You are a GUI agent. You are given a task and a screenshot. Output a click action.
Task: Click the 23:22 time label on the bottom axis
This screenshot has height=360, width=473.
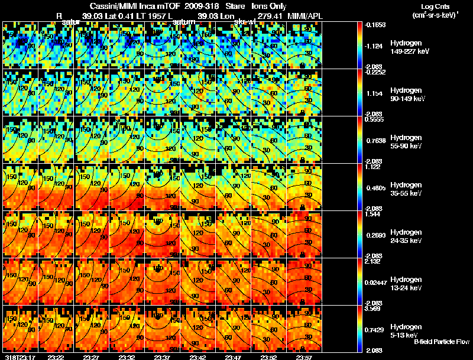56,356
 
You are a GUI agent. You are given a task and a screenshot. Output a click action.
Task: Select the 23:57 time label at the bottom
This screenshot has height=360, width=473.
304,356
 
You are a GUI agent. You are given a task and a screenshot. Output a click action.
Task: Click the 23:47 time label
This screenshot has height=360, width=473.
233,356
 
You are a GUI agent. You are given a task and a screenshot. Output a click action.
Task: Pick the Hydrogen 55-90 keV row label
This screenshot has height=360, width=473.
407,142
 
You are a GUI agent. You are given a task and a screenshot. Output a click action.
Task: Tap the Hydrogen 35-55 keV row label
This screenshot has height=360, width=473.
407,189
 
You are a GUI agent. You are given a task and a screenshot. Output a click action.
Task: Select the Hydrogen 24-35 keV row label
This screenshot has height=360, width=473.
407,236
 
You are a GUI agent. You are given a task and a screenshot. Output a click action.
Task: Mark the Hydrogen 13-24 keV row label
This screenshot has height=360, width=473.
407,283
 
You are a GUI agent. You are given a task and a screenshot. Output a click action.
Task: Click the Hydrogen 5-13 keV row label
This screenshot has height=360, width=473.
406,330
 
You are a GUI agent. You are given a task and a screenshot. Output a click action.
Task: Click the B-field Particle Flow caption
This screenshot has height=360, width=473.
442,342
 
